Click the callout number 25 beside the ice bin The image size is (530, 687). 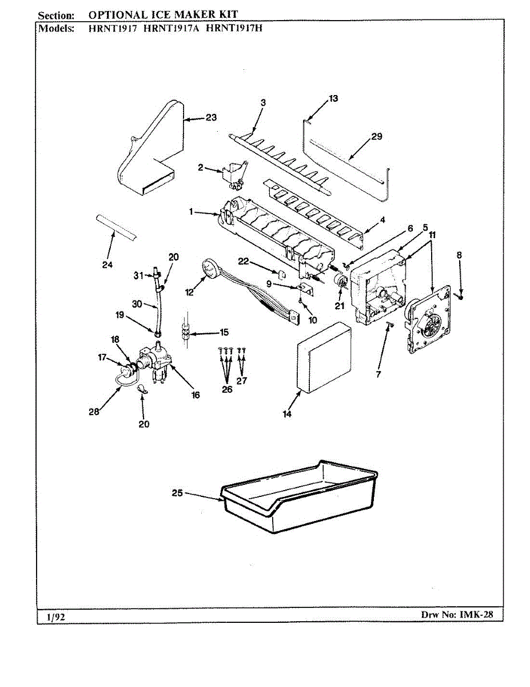(177, 493)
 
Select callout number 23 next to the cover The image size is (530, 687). (211, 118)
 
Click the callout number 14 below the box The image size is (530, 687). (286, 414)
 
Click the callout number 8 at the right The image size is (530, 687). (459, 255)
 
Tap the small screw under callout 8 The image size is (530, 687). (460, 297)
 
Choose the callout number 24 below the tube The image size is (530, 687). (107, 265)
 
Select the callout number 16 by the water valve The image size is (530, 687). (196, 395)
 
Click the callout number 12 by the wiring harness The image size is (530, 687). (189, 293)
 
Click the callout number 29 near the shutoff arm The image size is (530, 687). (376, 136)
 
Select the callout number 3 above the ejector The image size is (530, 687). (263, 102)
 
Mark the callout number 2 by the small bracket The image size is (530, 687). (201, 167)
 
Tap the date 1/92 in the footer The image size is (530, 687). (56, 617)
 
